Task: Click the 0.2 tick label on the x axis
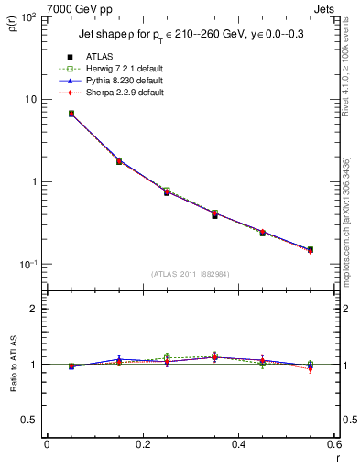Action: [x=142, y=446]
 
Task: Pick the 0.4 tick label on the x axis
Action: [x=238, y=446]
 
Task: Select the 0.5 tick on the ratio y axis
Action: [x=33, y=420]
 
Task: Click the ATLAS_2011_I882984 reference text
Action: [x=190, y=274]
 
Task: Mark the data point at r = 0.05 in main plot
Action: [x=71, y=114]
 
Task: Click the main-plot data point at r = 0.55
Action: [x=310, y=249]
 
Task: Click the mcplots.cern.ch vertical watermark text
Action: [x=352, y=229]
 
